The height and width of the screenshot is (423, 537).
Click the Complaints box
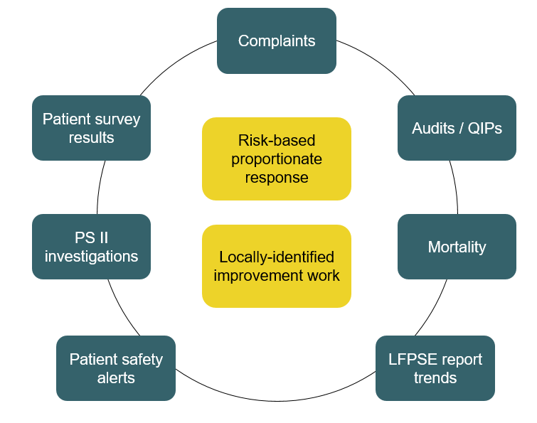[276, 41]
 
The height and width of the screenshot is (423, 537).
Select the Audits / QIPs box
[457, 128]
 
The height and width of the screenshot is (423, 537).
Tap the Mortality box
[457, 247]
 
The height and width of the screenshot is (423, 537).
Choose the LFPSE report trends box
[435, 368]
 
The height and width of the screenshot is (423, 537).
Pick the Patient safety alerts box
[116, 368]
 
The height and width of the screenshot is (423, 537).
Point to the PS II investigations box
[91, 247]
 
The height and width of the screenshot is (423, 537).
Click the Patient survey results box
[91, 128]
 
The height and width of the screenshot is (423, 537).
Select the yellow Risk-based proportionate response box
[276, 159]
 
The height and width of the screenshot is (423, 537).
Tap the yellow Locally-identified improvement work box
[276, 266]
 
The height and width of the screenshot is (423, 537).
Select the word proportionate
[277, 159]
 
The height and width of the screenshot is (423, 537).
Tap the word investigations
[91, 256]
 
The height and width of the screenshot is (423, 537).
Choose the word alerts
[116, 378]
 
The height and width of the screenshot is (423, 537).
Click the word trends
[435, 378]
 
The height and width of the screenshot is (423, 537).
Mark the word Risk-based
[277, 140]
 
